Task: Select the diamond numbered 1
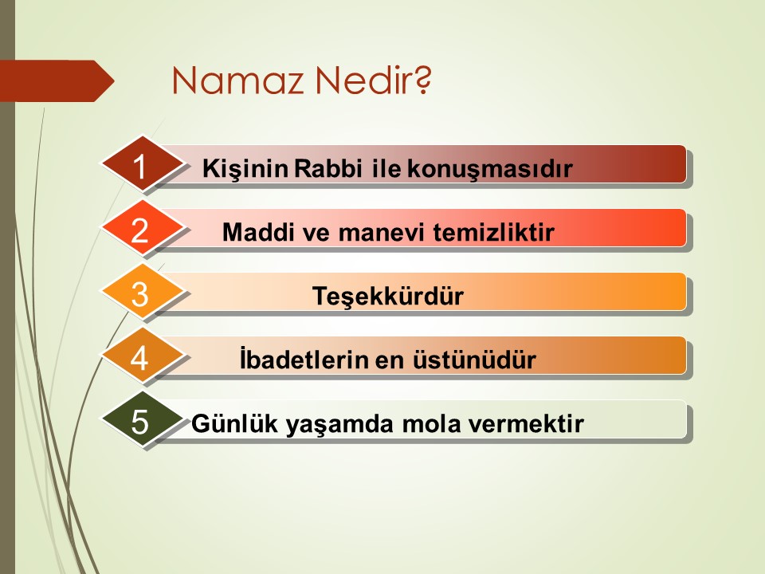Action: (142, 164)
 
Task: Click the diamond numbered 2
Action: (142, 229)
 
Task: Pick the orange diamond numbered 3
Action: (142, 293)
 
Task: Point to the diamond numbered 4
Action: (142, 356)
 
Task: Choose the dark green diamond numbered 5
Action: (142, 420)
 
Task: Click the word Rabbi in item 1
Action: (328, 168)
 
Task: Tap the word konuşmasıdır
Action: (489, 169)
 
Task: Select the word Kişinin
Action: (245, 169)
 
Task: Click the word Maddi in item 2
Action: (258, 232)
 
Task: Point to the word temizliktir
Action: (493, 232)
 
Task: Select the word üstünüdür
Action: (475, 360)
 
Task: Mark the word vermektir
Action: (525, 423)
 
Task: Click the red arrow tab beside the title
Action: (57, 81)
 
